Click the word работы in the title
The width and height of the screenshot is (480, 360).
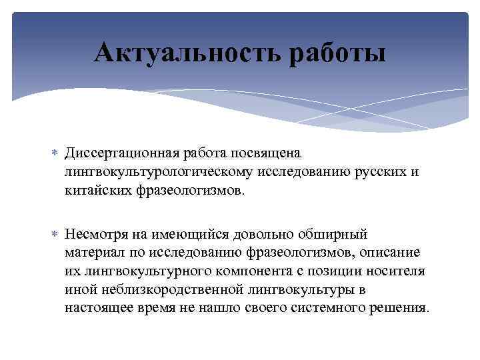337,53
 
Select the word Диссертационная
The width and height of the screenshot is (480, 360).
119,153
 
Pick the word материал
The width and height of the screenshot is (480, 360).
93,253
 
